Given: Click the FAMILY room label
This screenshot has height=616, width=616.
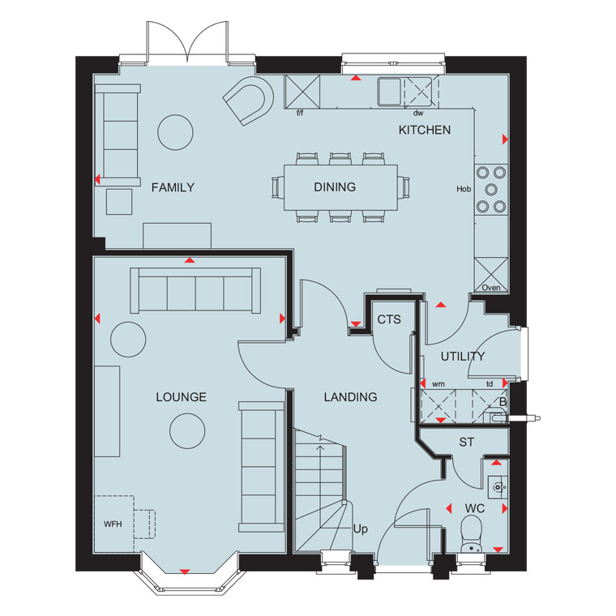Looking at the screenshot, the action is (x=173, y=187).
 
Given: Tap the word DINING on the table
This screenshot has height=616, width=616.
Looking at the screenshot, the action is (x=335, y=187).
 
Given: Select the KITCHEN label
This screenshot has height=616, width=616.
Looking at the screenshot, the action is (x=425, y=130).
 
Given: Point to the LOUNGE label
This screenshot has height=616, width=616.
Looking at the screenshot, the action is (x=181, y=397).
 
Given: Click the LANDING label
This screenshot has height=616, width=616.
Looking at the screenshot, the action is (x=350, y=397).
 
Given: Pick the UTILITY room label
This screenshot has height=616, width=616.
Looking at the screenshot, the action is (x=462, y=357).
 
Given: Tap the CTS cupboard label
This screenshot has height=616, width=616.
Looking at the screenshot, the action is (x=389, y=319).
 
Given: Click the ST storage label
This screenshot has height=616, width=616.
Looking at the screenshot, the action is (x=466, y=443).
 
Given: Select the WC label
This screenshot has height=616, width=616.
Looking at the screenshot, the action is (x=475, y=508).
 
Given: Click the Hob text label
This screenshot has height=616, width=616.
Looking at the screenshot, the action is (x=464, y=189).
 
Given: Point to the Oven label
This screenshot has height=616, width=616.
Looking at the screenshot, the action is (x=491, y=288).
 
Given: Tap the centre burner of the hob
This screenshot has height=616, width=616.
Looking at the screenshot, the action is (x=491, y=190).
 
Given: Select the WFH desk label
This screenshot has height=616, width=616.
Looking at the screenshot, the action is (x=113, y=524).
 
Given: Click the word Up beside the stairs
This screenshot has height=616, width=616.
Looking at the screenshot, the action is (x=360, y=529).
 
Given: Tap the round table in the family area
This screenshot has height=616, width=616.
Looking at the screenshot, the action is (x=175, y=132).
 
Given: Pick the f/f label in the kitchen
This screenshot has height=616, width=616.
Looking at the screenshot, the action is (x=300, y=113).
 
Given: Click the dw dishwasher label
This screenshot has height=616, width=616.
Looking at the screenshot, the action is (x=418, y=113).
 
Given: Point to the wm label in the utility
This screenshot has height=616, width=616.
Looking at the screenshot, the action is (x=438, y=384).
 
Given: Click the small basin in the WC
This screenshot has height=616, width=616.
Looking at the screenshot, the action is (x=498, y=488).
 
